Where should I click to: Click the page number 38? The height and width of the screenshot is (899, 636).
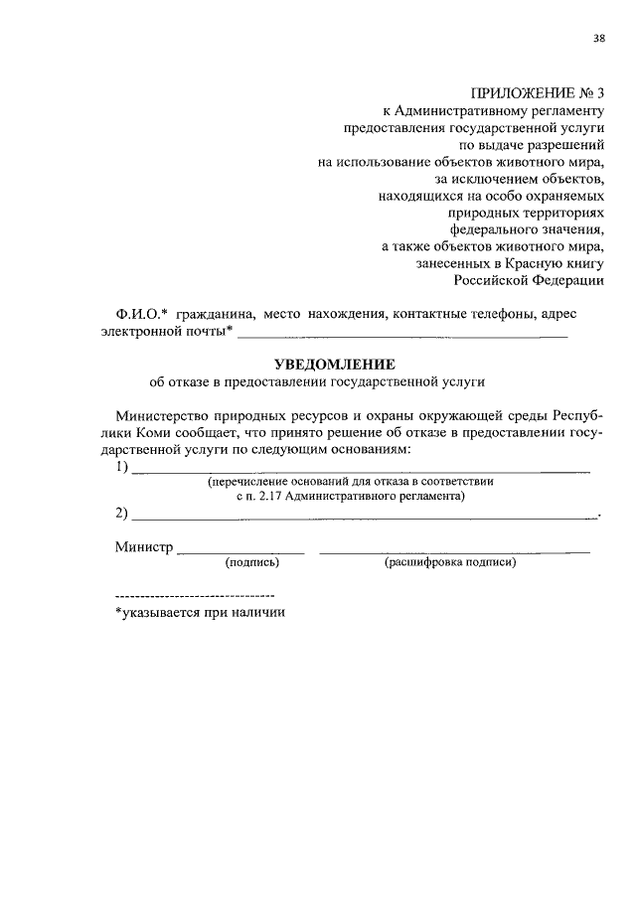pyautogui.click(x=598, y=39)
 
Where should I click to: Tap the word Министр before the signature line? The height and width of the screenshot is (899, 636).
pyautogui.click(x=143, y=547)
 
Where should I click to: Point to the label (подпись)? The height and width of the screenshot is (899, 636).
pyautogui.click(x=252, y=563)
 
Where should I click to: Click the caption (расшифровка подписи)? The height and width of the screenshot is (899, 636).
pyautogui.click(x=449, y=563)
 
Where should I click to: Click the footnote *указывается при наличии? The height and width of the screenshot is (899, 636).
pyautogui.click(x=200, y=613)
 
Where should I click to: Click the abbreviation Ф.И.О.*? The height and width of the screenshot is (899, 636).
pyautogui.click(x=140, y=314)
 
